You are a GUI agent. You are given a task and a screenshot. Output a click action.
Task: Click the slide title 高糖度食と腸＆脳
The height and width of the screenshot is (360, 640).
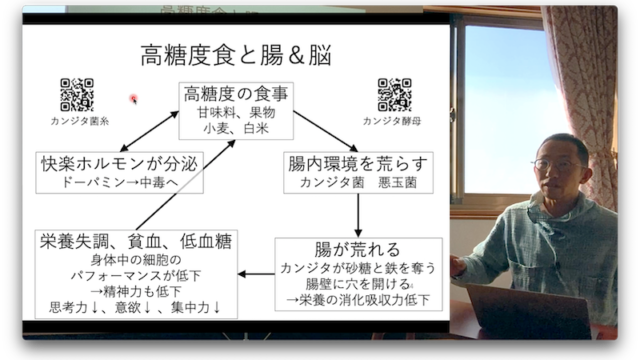[x=236, y=56]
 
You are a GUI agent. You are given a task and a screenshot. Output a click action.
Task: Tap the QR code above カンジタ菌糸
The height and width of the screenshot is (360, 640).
[x=77, y=95]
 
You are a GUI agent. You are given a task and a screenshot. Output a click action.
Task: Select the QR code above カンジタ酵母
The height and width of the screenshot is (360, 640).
[x=394, y=95]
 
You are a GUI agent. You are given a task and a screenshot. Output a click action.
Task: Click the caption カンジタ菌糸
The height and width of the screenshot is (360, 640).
[x=80, y=121]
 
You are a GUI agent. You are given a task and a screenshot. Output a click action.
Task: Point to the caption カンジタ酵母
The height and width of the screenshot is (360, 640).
[x=392, y=121]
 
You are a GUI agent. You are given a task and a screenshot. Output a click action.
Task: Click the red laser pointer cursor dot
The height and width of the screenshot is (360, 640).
[x=133, y=98]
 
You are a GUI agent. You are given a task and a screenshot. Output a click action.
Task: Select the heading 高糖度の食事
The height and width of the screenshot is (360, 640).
[x=236, y=94]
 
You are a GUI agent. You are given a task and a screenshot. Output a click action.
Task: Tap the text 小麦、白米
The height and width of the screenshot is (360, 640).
[x=236, y=129]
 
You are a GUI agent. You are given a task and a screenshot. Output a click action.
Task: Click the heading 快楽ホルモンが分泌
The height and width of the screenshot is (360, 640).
[x=119, y=164]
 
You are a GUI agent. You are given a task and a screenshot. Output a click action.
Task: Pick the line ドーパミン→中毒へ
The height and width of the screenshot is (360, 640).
[x=119, y=182]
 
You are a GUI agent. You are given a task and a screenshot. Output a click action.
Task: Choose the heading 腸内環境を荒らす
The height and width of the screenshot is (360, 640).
[x=358, y=163]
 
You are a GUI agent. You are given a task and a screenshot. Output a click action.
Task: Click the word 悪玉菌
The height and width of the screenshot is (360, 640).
[x=397, y=182]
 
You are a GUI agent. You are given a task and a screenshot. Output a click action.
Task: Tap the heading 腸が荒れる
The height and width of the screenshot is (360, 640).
[x=358, y=249]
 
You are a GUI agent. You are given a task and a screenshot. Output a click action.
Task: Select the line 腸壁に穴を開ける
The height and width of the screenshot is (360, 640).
[x=358, y=284]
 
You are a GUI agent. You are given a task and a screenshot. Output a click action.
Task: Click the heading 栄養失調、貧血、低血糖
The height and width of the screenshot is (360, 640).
[x=136, y=241]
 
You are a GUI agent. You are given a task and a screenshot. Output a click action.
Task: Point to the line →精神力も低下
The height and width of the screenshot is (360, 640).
[x=136, y=291]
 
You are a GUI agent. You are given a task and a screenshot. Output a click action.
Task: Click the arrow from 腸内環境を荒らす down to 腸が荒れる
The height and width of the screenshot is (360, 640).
[x=358, y=215]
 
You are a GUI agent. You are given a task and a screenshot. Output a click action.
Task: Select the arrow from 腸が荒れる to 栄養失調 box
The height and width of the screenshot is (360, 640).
[x=256, y=274]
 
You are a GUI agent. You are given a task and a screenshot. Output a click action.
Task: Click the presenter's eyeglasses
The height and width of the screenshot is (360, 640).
[x=558, y=165]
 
